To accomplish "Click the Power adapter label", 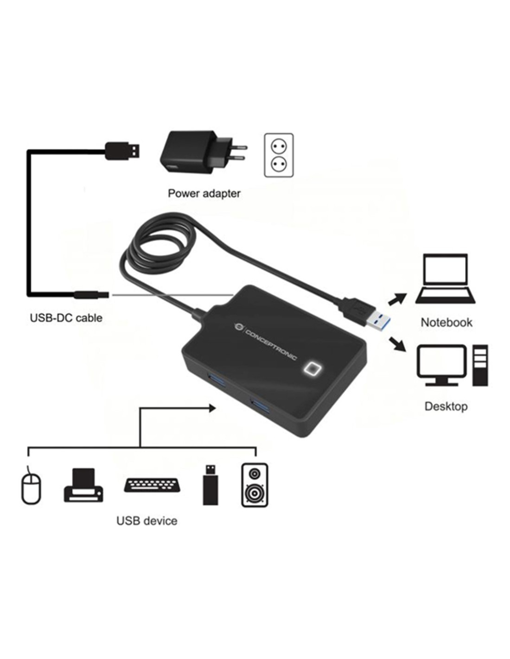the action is pyautogui.click(x=204, y=194).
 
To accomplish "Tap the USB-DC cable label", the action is pyautogui.click(x=66, y=318).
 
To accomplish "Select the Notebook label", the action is pyautogui.click(x=446, y=323).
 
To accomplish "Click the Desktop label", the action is pyautogui.click(x=446, y=406).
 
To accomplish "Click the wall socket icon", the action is pyautogui.click(x=279, y=155).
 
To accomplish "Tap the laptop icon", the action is pyautogui.click(x=445, y=279).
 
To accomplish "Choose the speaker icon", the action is pyautogui.click(x=255, y=485).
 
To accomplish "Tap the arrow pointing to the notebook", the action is pyautogui.click(x=397, y=298).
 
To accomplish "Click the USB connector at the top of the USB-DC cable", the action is pyautogui.click(x=122, y=151).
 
